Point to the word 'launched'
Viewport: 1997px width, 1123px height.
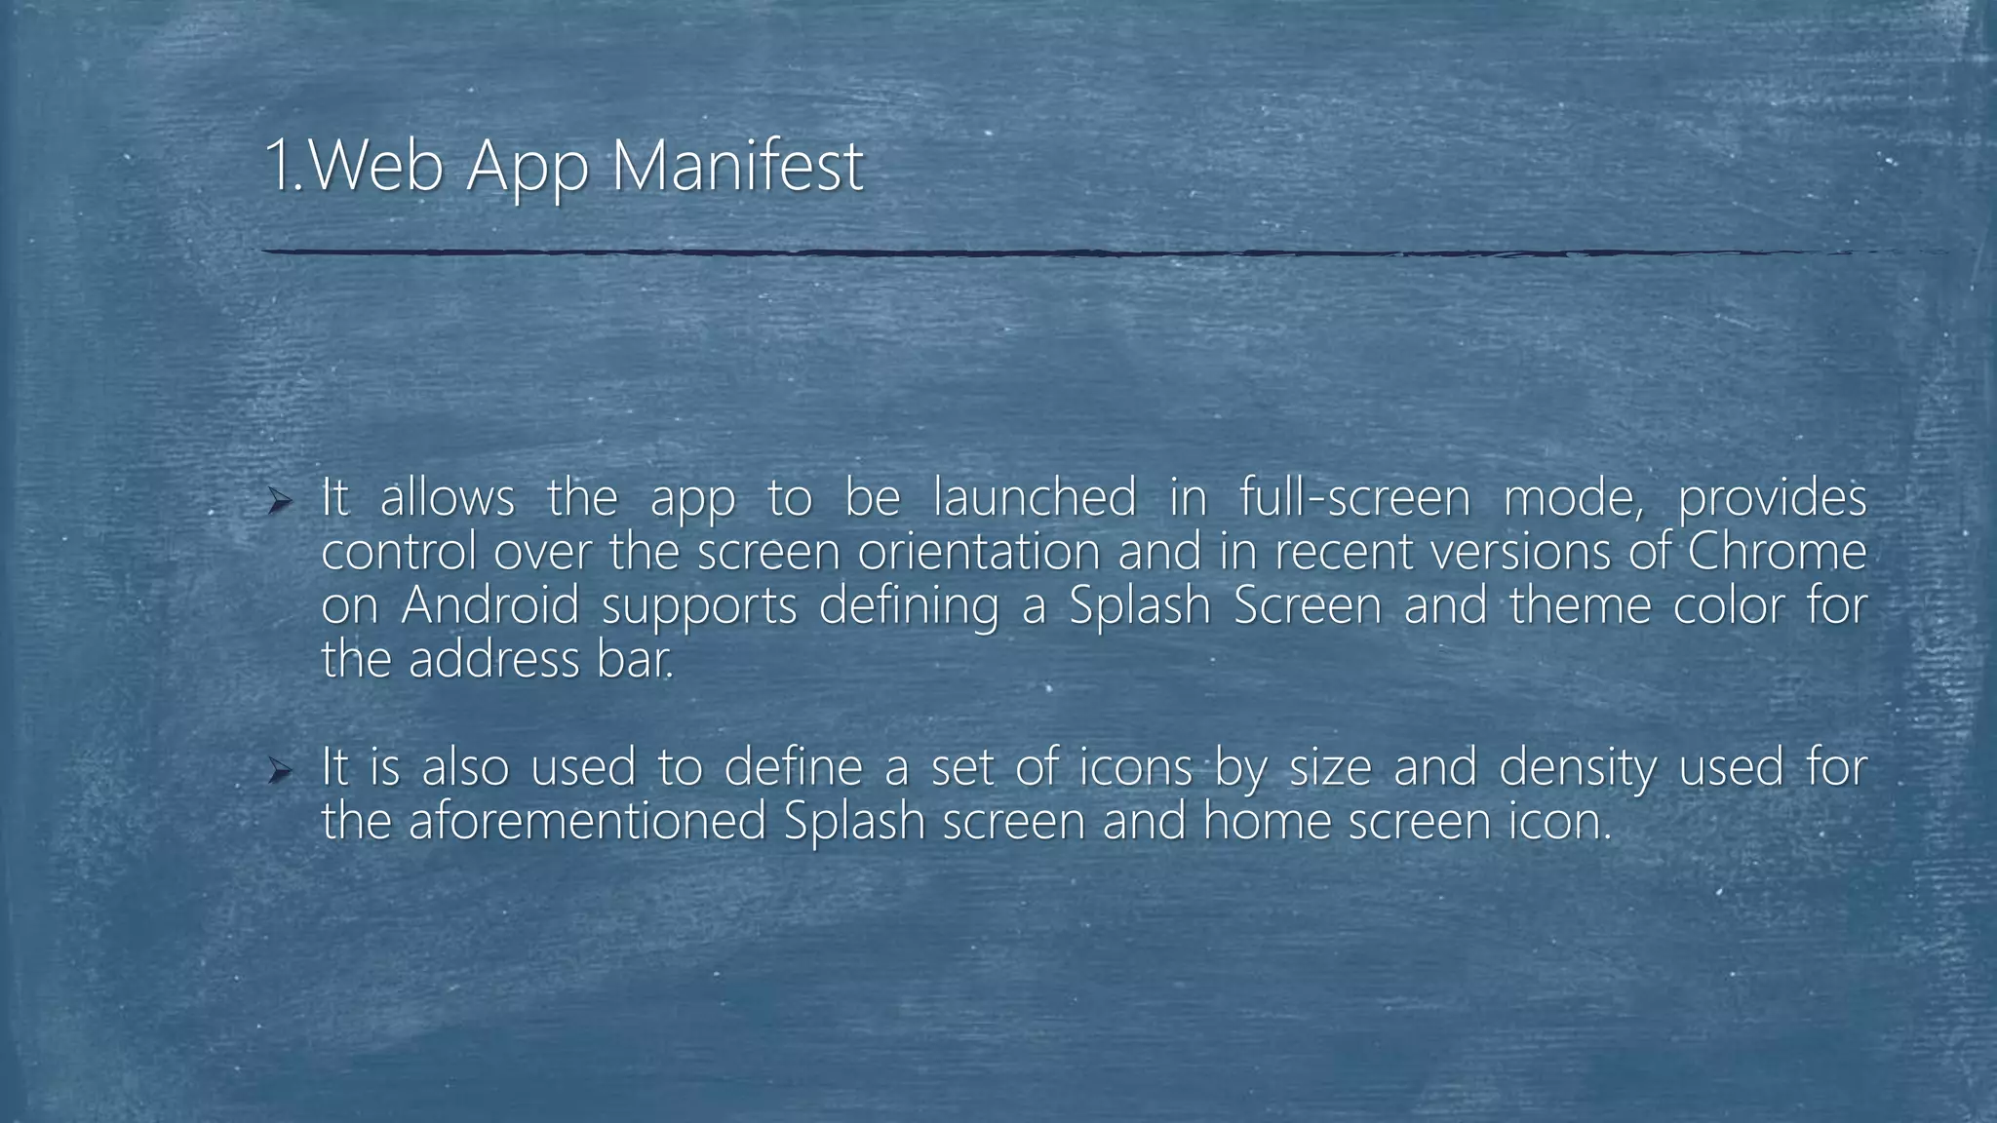click(x=1035, y=498)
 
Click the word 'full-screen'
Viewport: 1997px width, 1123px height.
click(x=1354, y=498)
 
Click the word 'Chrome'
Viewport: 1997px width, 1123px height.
click(x=1776, y=553)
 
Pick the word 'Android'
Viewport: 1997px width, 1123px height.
click(x=489, y=605)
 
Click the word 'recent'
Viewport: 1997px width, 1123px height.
click(x=1344, y=553)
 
